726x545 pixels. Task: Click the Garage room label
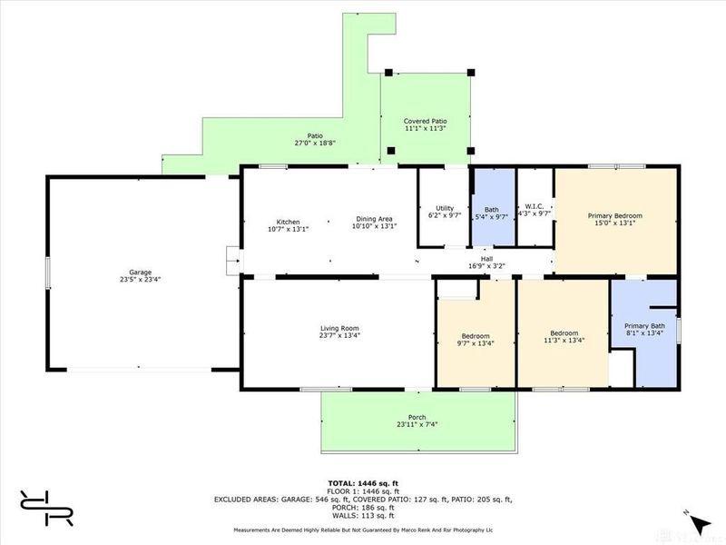pyautogui.click(x=140, y=272)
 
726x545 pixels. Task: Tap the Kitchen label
pyautogui.click(x=288, y=222)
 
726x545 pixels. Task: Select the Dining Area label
pyautogui.click(x=373, y=219)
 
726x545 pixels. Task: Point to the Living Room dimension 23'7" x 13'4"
pyautogui.click(x=340, y=335)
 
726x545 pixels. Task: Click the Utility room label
pyautogui.click(x=444, y=209)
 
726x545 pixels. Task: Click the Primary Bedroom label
pyautogui.click(x=615, y=215)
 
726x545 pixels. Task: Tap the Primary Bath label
pyautogui.click(x=644, y=326)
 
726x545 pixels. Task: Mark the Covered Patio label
pyautogui.click(x=425, y=121)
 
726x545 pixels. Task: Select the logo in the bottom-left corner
pyautogui.click(x=46, y=509)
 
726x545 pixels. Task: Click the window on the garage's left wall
pyautogui.click(x=49, y=272)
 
